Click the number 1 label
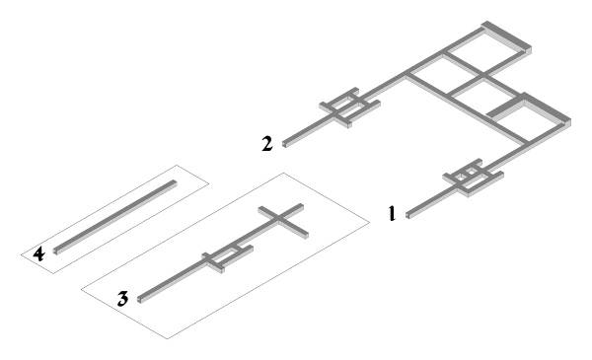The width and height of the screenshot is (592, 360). (393, 213)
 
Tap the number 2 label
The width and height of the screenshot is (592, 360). (267, 144)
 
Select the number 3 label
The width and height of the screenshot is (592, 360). (122, 299)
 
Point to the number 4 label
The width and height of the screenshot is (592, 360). (38, 253)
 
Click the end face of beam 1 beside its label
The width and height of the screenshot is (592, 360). (407, 215)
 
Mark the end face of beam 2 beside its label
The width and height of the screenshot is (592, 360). (284, 144)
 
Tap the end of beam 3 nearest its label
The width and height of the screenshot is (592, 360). (139, 301)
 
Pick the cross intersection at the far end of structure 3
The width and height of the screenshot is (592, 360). (278, 217)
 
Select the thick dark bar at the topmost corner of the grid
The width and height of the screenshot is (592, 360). (506, 36)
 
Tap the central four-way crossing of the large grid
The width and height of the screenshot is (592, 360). (483, 76)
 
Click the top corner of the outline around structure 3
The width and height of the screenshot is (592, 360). (284, 174)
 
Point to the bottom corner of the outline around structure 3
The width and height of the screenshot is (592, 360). (168, 338)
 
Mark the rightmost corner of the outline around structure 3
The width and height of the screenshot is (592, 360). (370, 223)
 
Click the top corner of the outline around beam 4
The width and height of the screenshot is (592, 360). (177, 166)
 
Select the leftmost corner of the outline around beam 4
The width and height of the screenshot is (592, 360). (21, 255)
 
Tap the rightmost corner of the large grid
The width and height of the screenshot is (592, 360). (570, 121)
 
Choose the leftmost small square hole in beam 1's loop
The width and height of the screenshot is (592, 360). (460, 177)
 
